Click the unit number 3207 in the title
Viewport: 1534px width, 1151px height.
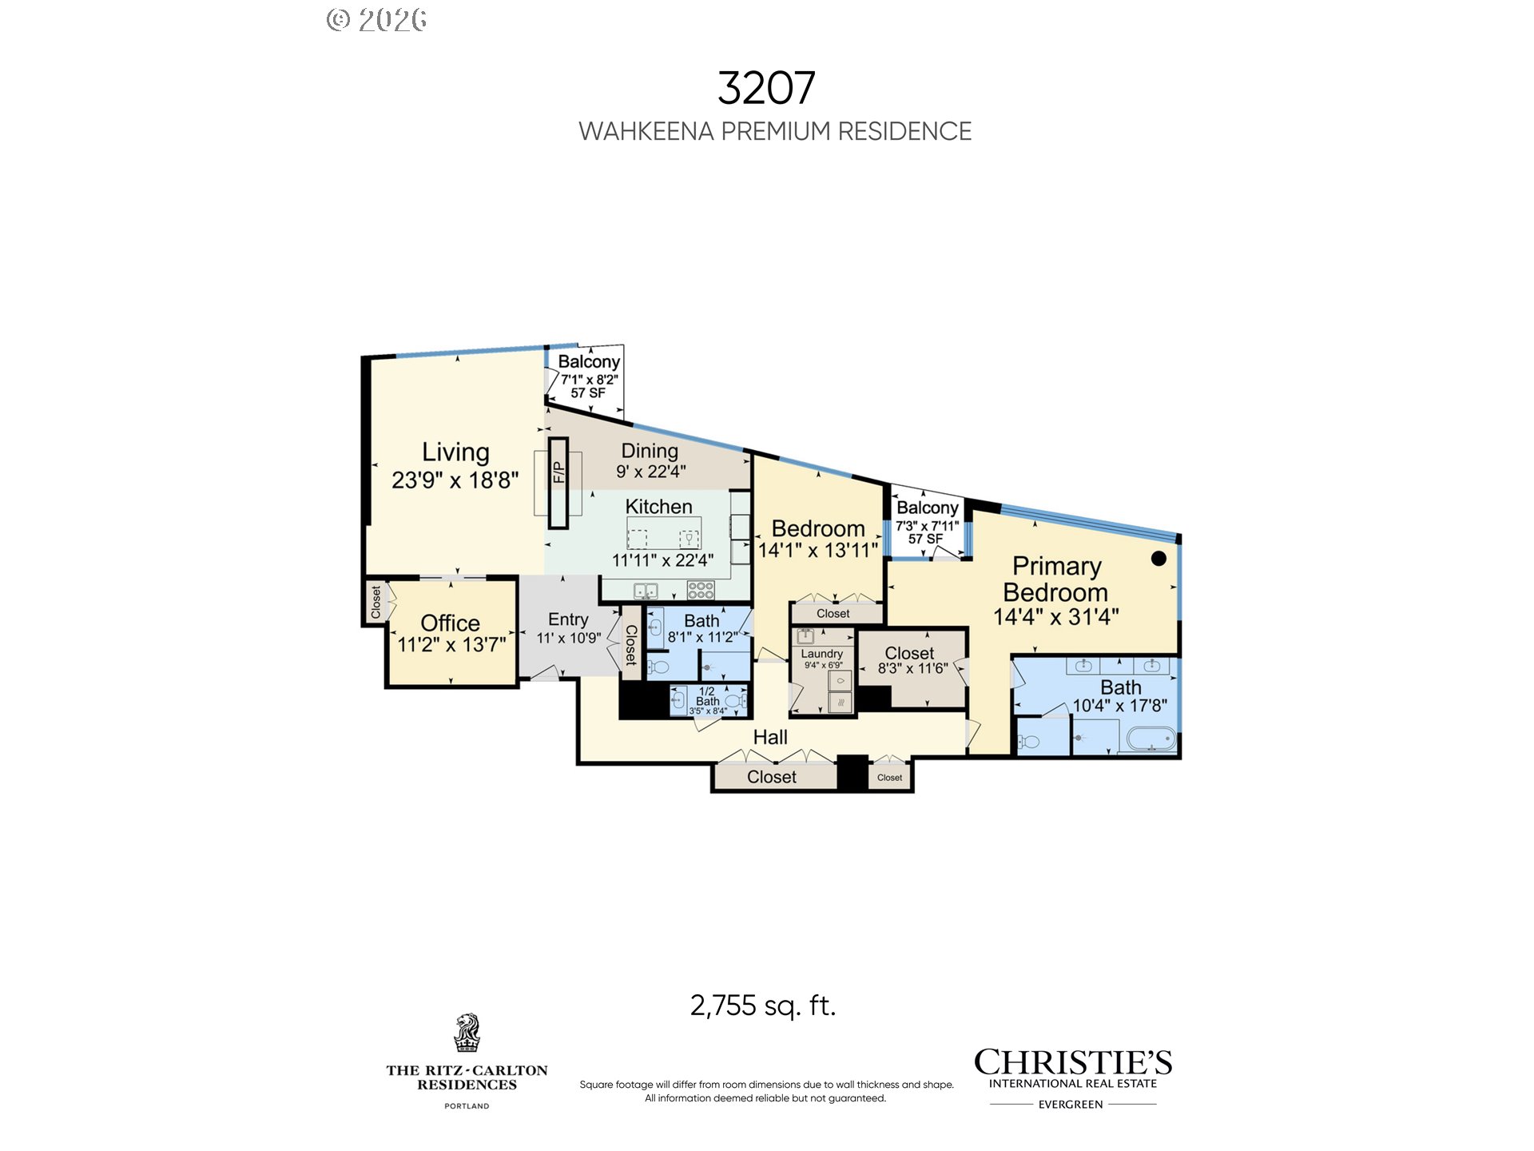pyautogui.click(x=765, y=88)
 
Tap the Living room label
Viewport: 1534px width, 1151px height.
pyautogui.click(x=455, y=452)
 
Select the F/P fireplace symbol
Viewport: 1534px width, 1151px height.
pyautogui.click(x=558, y=483)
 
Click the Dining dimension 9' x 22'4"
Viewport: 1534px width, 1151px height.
pyautogui.click(x=650, y=472)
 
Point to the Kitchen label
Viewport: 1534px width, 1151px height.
pyautogui.click(x=658, y=507)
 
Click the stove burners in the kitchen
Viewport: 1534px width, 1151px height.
pyautogui.click(x=701, y=591)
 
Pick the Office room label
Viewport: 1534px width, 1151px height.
pyautogui.click(x=450, y=623)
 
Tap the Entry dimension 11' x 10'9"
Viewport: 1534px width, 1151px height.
pyautogui.click(x=568, y=638)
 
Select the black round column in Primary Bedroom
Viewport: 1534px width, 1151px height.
pyautogui.click(x=1158, y=559)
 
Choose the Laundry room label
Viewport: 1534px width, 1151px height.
pyautogui.click(x=821, y=654)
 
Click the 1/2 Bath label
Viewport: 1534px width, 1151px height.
pyautogui.click(x=707, y=696)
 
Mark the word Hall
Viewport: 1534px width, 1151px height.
pyautogui.click(x=770, y=737)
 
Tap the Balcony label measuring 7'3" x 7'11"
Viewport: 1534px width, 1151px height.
pyautogui.click(x=927, y=508)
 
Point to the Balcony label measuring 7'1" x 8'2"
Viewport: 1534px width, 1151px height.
pyautogui.click(x=589, y=362)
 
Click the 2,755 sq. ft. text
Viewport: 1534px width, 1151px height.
pyautogui.click(x=762, y=1005)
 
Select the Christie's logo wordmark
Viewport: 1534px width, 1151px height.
pyautogui.click(x=1072, y=1062)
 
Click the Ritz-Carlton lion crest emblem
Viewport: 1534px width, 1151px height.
pyautogui.click(x=467, y=1033)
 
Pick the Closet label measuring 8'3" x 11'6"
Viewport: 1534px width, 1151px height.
pyautogui.click(x=909, y=653)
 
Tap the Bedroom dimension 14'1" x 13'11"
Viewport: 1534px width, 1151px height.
pyautogui.click(x=817, y=550)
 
